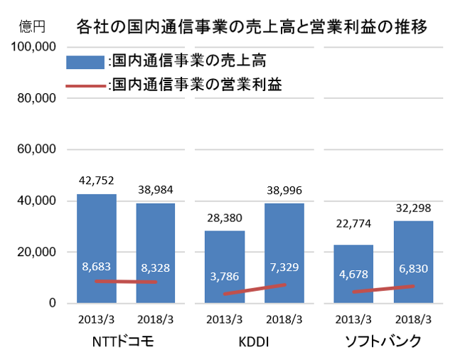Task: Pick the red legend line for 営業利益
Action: (x=85, y=85)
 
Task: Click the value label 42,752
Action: (x=97, y=180)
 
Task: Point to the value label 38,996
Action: (x=284, y=190)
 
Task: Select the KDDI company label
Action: (x=254, y=342)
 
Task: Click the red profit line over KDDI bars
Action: (x=255, y=289)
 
